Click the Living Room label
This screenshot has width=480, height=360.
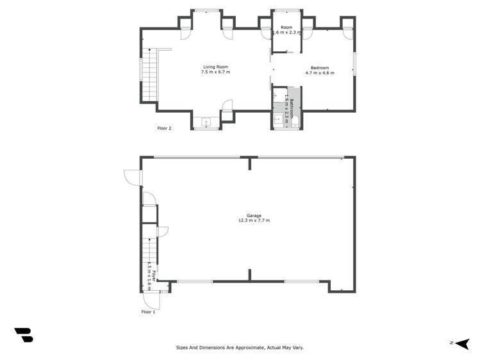point(215,67)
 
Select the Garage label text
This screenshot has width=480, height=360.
point(254,216)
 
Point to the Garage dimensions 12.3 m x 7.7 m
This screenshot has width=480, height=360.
point(254,221)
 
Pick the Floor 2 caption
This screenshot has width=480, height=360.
point(164,128)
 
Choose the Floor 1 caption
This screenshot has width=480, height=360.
point(148,312)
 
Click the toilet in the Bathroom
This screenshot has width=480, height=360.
point(295,120)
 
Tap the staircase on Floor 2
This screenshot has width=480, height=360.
point(149,75)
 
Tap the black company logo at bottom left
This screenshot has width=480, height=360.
point(24,334)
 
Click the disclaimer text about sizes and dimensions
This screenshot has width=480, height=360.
point(240,348)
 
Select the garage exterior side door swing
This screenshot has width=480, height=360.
point(132,177)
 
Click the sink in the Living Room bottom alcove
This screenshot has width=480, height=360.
point(206,122)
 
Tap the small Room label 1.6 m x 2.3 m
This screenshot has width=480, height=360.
point(286,31)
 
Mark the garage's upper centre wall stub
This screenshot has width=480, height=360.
point(249,163)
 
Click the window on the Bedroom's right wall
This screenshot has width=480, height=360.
point(354,64)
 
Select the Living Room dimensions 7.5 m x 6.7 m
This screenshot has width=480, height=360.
point(215,72)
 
